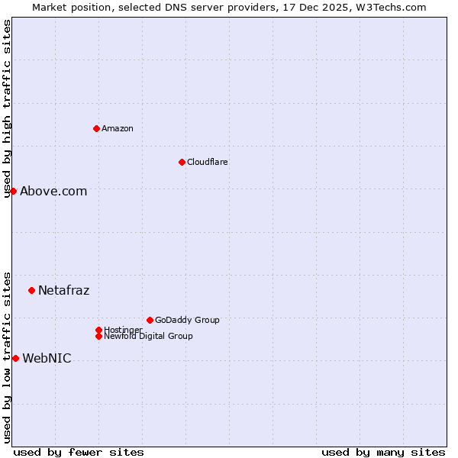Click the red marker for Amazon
(x=96, y=128)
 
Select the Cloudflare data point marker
(x=182, y=162)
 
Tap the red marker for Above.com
(x=13, y=191)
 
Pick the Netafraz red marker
(x=31, y=290)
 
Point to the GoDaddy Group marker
(x=150, y=320)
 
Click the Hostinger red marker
(x=98, y=330)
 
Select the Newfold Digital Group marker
(x=98, y=336)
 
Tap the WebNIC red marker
(x=15, y=358)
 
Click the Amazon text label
(x=118, y=128)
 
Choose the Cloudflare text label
(x=208, y=162)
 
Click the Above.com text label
(x=53, y=192)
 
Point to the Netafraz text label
(x=64, y=291)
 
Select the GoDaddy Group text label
(x=187, y=320)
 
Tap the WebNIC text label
(x=47, y=359)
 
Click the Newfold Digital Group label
(x=149, y=337)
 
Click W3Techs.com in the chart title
(x=391, y=7)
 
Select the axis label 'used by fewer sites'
(x=79, y=452)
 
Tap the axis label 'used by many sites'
(x=383, y=452)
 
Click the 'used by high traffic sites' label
(x=8, y=108)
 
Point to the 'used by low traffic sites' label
(x=8, y=357)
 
